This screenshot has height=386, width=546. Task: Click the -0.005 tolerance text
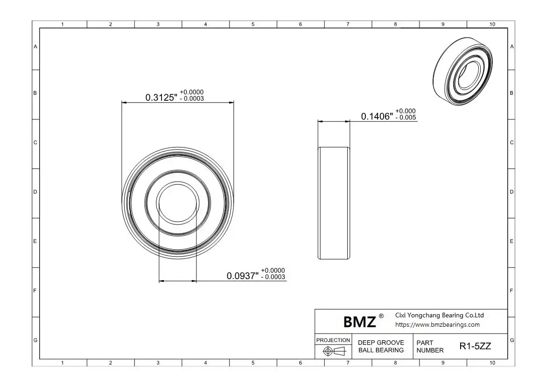tap(406, 118)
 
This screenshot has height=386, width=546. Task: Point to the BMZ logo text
tap(360, 322)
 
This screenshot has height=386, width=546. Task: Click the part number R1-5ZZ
tap(476, 346)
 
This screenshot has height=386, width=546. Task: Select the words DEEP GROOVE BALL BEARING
tap(381, 346)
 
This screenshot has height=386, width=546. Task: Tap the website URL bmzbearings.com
tap(437, 325)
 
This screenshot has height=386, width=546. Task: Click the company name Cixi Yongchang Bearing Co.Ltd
tap(440, 315)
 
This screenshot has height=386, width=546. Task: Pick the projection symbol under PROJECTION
tap(334, 351)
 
